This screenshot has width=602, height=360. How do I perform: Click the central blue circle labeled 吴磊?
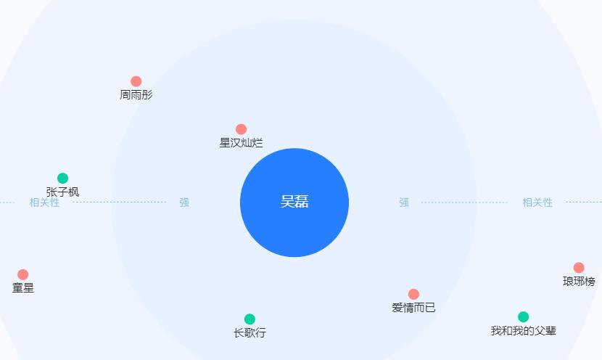point(294,202)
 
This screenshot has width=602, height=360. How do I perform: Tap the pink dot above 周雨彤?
point(136,81)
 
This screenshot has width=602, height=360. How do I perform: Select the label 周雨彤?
point(136,95)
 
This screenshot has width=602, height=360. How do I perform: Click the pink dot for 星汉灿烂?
point(241,129)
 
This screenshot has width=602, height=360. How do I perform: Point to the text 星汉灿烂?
point(241,143)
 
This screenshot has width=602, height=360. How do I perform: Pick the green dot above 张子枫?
point(62,179)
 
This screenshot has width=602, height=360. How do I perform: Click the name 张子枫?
point(62,192)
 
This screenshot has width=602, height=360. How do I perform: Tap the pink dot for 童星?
point(22,274)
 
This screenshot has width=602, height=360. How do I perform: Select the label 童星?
point(22,288)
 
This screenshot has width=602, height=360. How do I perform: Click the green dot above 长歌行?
point(250,319)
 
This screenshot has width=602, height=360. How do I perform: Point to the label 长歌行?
point(250,333)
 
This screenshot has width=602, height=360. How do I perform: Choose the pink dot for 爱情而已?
point(413,294)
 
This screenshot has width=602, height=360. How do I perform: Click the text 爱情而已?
point(413,308)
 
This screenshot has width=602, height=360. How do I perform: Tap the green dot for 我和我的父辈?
point(523,316)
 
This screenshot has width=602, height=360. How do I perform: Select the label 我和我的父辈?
point(523,331)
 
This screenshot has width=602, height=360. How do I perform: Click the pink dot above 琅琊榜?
point(579,268)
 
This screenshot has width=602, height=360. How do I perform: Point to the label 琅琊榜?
point(579,282)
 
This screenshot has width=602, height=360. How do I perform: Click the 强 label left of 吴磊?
point(184,202)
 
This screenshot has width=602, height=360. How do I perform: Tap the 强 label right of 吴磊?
point(404,202)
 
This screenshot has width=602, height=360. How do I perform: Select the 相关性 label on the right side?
point(537,202)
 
